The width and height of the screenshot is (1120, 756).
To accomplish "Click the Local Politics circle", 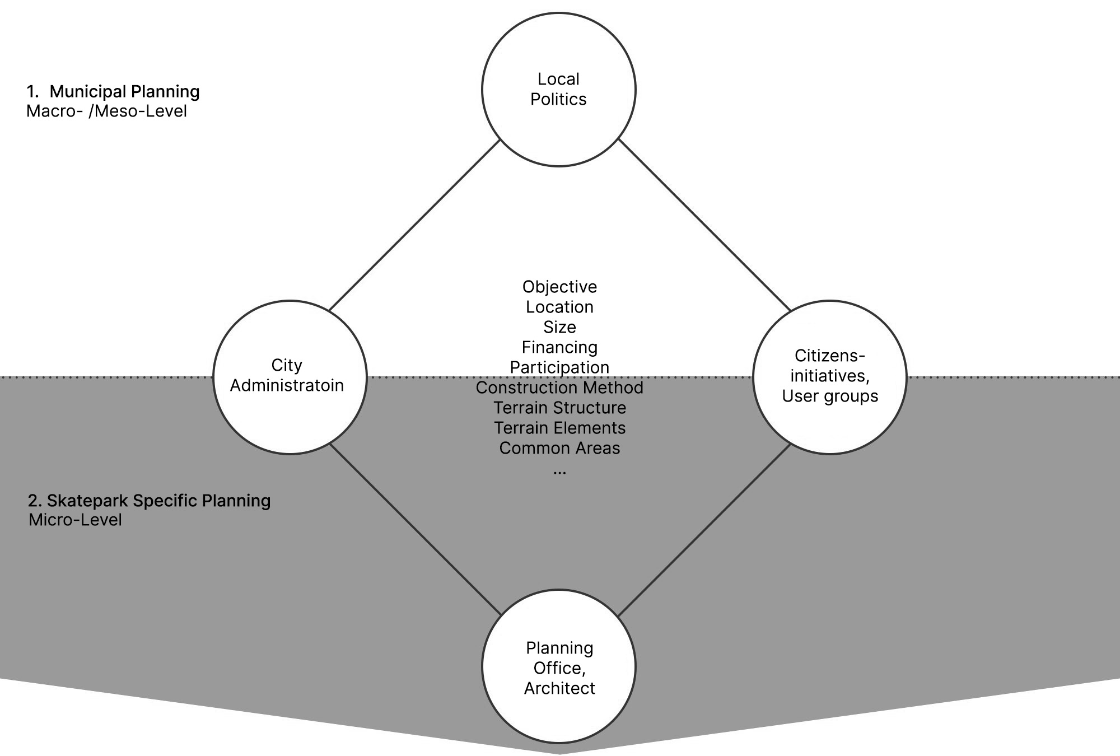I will [559, 90].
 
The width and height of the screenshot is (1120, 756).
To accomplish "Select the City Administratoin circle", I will [290, 377].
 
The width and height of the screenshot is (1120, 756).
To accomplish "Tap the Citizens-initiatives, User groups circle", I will [830, 377].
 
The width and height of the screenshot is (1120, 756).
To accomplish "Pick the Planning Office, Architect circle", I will [559, 666].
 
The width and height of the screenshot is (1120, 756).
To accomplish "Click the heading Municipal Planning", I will [124, 91].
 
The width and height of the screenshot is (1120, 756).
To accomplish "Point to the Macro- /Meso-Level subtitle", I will [106, 111].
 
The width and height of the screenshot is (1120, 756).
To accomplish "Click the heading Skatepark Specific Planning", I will [158, 500].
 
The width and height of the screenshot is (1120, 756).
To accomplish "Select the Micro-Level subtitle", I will [75, 520].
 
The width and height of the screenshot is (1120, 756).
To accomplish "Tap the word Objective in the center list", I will [559, 287].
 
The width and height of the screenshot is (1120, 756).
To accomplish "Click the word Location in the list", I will [559, 307].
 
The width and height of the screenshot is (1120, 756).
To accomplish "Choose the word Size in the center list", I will [559, 327].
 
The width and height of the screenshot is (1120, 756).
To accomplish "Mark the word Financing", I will [559, 347].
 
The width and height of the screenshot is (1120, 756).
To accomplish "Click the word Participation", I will [559, 367].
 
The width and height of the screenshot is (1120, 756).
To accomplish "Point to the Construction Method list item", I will [559, 388].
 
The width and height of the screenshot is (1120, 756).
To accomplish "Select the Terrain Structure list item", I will [559, 408].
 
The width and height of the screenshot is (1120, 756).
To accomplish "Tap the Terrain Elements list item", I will [559, 428].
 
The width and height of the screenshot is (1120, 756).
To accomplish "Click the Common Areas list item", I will [559, 448].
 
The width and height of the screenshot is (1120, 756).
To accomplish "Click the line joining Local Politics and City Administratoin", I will [414, 225].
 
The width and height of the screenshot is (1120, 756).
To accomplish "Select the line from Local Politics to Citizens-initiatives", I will [704, 225].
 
